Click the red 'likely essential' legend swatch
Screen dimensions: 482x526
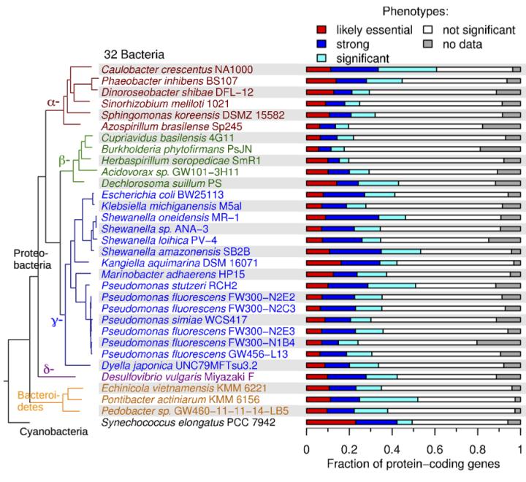(319, 30)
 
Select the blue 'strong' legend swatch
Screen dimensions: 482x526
(319, 43)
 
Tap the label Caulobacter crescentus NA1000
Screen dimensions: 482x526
(177, 69)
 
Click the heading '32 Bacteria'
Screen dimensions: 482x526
(133, 55)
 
